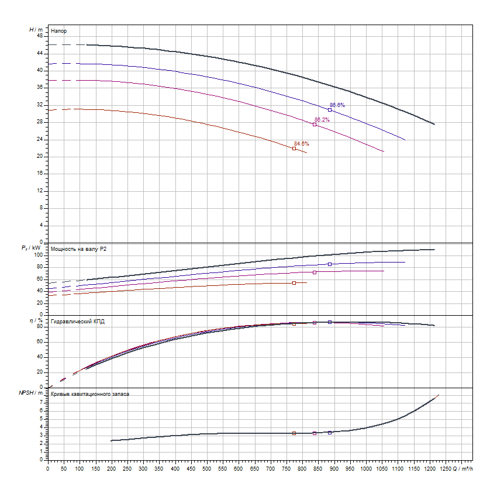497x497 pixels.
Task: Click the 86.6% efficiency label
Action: pos(337,105)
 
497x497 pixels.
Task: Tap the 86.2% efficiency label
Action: pos(322,120)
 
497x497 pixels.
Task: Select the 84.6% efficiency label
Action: pos(301,144)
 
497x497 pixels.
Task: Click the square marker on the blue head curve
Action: pos(330,110)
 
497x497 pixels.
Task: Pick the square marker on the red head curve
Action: pos(294,149)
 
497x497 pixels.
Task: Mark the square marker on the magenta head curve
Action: pos(315,125)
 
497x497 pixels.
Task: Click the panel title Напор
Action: pos(58,30)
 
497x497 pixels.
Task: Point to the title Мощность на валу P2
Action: pos(79,249)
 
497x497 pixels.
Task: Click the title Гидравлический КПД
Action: pos(78,322)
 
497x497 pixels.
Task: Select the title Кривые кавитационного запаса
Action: pos(90,394)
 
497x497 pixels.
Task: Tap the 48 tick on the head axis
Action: pos(40,36)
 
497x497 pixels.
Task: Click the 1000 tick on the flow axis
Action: pos(366,468)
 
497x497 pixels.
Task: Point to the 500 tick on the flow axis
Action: pos(207,468)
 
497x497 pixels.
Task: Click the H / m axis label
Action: pos(36,29)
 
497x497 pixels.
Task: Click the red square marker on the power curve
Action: pos(294,283)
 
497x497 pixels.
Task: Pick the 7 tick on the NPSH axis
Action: pos(42,402)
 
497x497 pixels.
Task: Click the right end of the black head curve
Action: pos(434,124)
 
